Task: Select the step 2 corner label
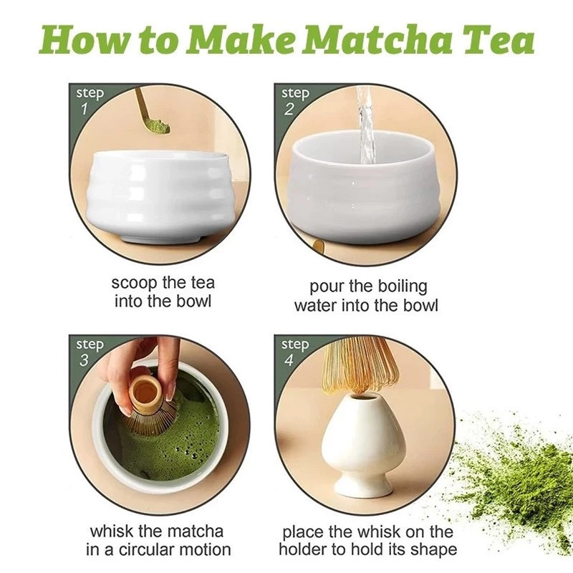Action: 294,100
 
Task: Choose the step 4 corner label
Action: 294,352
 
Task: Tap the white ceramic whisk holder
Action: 363,444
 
